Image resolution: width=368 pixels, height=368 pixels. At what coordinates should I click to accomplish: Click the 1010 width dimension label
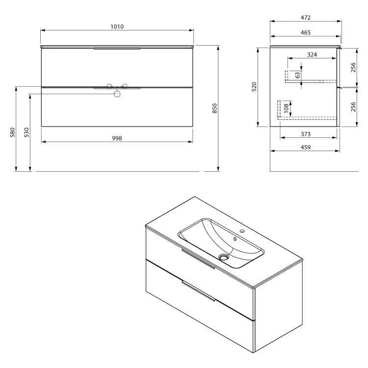point(117,27)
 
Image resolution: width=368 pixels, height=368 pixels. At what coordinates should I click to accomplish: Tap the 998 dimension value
point(117,138)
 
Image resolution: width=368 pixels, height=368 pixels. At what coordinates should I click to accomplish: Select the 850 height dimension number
point(215,108)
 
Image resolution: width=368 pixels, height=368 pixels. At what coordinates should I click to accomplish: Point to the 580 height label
point(12,132)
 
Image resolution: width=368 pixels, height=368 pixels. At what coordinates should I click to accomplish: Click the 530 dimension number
point(26,132)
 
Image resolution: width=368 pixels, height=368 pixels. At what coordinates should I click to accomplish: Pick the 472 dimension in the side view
point(306,18)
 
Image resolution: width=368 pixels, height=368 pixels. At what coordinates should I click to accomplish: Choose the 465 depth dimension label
point(306,32)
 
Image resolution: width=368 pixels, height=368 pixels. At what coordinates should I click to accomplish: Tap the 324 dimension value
point(312,54)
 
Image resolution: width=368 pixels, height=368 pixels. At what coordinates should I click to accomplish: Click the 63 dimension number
point(298,76)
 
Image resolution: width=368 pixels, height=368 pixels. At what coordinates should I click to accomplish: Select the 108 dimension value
point(286,108)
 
